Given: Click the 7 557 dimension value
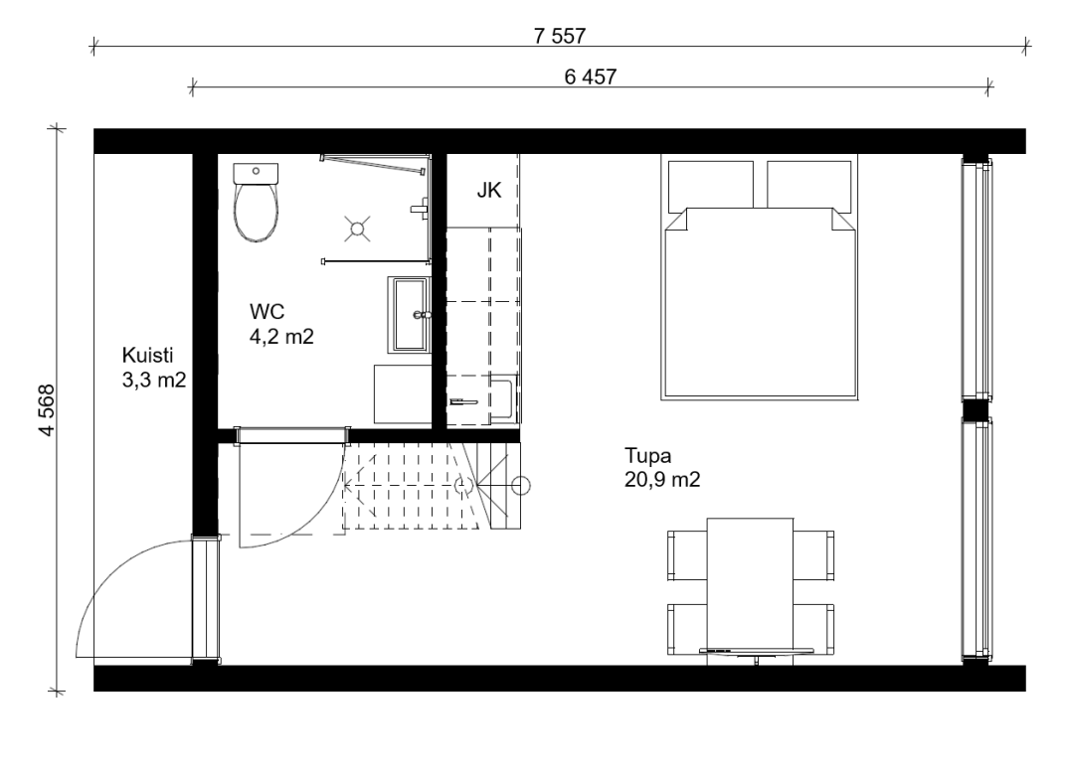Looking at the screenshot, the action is (x=559, y=36).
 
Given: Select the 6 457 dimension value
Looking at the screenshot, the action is (x=590, y=77).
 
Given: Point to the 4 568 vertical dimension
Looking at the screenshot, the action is (x=46, y=410).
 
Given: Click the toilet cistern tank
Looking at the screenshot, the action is (x=256, y=173).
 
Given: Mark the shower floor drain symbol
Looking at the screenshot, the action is (x=357, y=229).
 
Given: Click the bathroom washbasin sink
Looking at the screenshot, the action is (x=409, y=315).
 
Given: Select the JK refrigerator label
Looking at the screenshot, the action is (x=489, y=190).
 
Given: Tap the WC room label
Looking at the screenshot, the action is (x=266, y=312).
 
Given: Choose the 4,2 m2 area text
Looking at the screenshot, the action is (x=281, y=336).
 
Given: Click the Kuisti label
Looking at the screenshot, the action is (x=147, y=356).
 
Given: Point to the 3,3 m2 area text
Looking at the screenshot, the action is (x=154, y=380).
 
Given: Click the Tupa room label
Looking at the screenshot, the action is (x=648, y=455).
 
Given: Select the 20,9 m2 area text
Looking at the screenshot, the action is (x=662, y=480).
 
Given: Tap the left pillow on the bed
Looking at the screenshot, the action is (x=710, y=185).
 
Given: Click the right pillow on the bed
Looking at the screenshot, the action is (x=809, y=185).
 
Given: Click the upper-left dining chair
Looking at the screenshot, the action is (x=687, y=555).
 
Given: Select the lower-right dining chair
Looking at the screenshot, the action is (x=813, y=629).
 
